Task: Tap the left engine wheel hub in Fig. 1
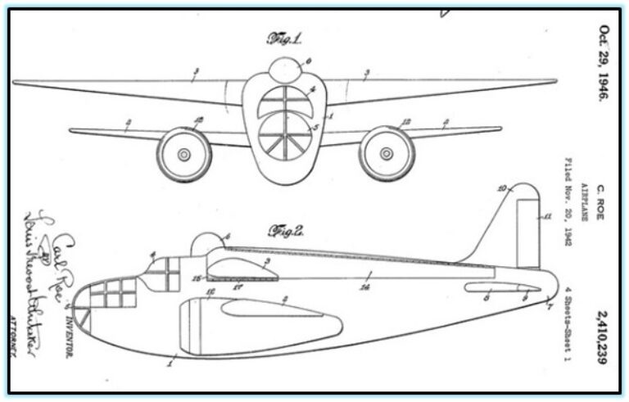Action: (x=184, y=154)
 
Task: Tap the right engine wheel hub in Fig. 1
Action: (x=387, y=154)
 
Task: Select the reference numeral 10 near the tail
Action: (x=502, y=188)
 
